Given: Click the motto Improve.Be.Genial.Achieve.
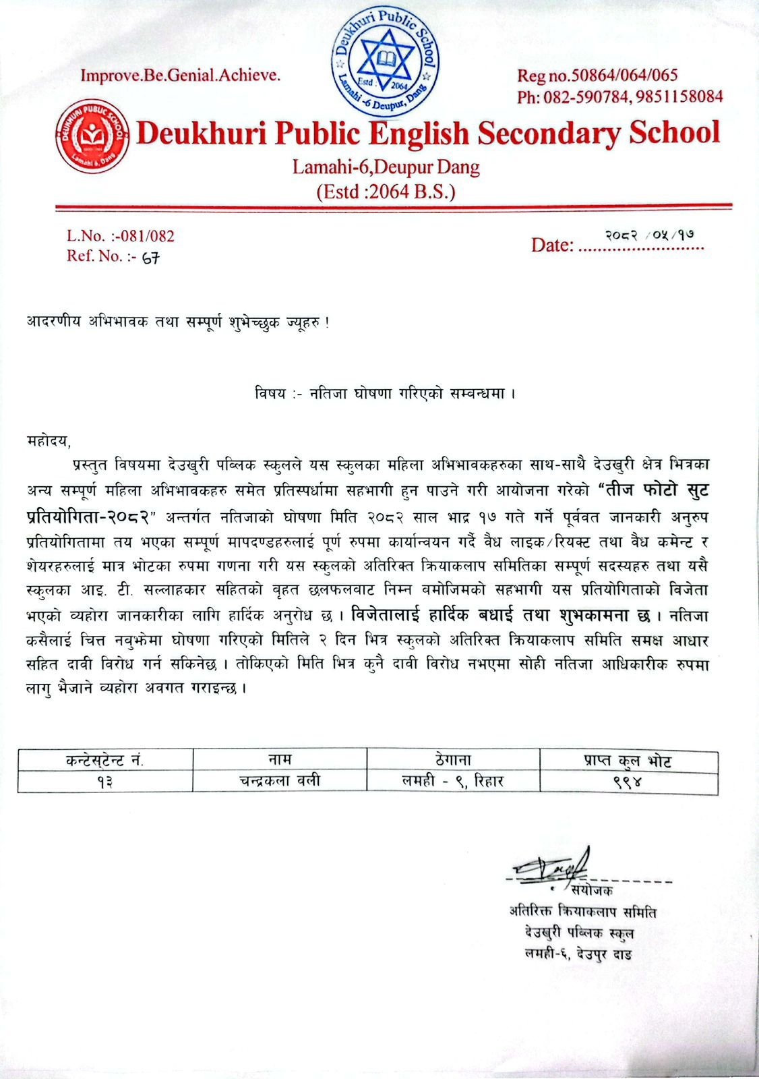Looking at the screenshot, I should click(180, 75).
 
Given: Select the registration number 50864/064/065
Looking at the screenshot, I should click(625, 75).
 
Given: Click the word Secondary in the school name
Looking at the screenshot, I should click(548, 133).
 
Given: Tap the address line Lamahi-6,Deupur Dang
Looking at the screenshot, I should click(386, 166).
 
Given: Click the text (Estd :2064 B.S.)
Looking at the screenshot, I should click(386, 192).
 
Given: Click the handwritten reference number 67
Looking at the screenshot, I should click(150, 257).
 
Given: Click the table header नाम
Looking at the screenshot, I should click(280, 759).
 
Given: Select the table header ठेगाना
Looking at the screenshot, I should click(453, 759).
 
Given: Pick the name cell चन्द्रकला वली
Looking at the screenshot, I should click(280, 781).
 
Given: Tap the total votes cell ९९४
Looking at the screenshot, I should click(628, 781).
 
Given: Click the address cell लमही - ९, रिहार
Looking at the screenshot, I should click(453, 781).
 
